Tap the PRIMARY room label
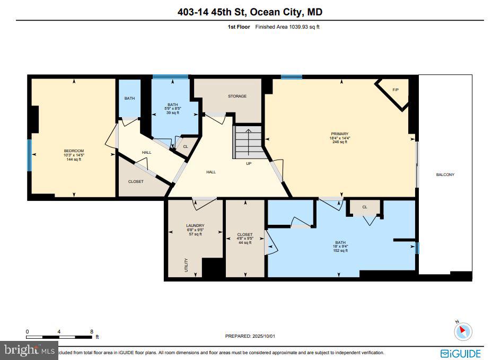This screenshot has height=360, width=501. click(339, 134)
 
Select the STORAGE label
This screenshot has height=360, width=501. click(237, 96)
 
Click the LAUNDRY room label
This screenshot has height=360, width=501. click(195, 225)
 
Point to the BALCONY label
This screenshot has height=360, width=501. click(445, 174)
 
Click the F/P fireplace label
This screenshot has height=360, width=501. click(395, 90)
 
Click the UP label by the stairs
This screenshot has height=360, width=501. click(249, 163)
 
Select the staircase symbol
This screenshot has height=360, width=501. click(248, 142)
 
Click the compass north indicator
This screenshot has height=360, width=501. click(462, 331)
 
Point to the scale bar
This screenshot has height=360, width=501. click(59, 337)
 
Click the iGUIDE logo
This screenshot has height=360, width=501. click(461, 353)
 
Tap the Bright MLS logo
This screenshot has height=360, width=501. click(29, 350)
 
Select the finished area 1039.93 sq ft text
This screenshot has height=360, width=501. click(287, 26)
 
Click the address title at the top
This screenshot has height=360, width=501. click(250, 12)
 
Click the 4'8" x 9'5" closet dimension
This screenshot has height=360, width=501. click(245, 239)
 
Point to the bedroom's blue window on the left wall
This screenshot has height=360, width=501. click(30, 155)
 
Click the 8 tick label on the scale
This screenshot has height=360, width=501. click(91, 331)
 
